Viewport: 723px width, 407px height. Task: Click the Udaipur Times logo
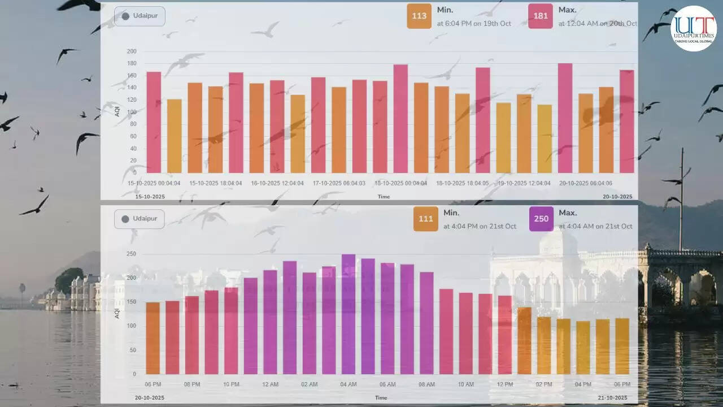click(693, 29)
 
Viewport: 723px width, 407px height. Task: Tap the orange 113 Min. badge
click(419, 16)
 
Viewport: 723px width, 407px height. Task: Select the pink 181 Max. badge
click(541, 16)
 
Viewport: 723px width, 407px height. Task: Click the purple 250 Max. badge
click(541, 219)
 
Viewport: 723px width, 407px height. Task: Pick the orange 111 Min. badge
click(425, 219)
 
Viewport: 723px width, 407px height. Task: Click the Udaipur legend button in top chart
click(140, 16)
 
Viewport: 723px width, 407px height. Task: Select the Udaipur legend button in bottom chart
click(140, 219)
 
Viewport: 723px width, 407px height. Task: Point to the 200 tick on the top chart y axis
click(132, 51)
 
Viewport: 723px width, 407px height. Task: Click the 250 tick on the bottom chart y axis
click(131, 254)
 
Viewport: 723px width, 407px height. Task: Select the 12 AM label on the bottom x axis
click(270, 384)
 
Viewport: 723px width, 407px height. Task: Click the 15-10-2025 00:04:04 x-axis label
click(154, 183)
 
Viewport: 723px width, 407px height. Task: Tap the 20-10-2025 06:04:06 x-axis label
click(586, 183)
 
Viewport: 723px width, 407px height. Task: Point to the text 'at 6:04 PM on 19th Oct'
click(474, 24)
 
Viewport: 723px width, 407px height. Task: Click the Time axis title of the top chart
click(384, 197)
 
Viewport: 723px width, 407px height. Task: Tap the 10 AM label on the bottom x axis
click(465, 384)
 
